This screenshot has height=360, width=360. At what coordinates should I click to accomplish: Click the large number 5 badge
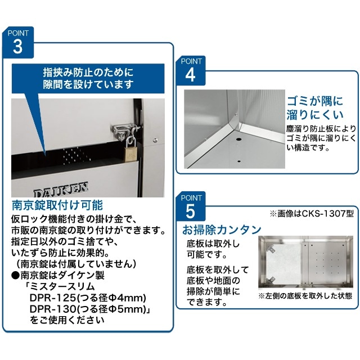point(190,210)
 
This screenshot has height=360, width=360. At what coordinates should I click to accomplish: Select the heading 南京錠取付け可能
point(57,204)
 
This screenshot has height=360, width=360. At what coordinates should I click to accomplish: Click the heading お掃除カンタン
point(221,229)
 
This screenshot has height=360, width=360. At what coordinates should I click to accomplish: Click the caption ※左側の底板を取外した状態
point(305,295)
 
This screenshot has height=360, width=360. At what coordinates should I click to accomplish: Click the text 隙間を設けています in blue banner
point(89,84)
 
